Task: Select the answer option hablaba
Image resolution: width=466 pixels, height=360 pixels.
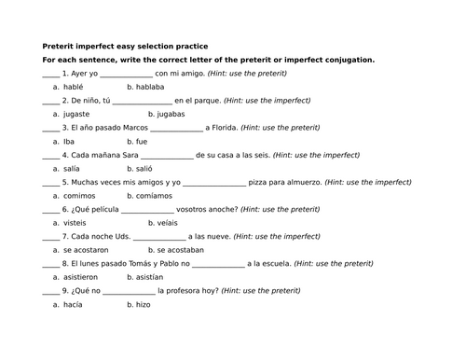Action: [x=149, y=86]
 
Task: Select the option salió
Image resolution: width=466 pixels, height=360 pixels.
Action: [x=145, y=169]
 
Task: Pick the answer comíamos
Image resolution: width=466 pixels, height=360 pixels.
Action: [x=157, y=196]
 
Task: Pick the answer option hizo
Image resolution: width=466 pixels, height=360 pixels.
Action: [x=143, y=305]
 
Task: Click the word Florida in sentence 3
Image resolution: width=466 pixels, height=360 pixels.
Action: [x=222, y=127]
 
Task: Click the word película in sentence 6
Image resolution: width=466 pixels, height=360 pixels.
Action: [x=98, y=209]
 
